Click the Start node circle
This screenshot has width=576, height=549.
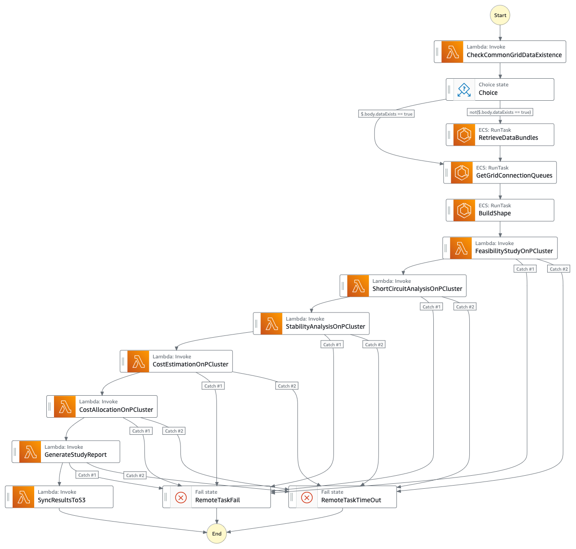pyautogui.click(x=500, y=15)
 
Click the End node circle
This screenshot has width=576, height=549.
pyautogui.click(x=216, y=534)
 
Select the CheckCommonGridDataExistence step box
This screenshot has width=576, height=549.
pyautogui.click(x=500, y=52)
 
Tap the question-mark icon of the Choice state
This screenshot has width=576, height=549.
pyautogui.click(x=464, y=89)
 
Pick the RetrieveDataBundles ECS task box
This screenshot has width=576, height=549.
pyautogui.click(x=500, y=134)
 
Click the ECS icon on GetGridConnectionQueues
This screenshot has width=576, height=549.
pyautogui.click(x=462, y=173)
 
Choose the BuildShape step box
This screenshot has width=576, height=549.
pyautogui.click(x=500, y=210)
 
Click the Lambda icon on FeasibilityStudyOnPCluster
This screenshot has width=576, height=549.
pyautogui.click(x=461, y=248)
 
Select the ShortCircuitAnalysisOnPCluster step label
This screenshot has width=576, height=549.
pyautogui.click(x=417, y=289)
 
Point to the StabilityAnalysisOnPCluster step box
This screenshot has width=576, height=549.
pyautogui.click(x=311, y=324)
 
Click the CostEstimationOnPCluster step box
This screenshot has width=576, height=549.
pyautogui.click(x=176, y=362)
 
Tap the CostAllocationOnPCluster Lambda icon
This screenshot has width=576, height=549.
pyautogui.click(x=65, y=406)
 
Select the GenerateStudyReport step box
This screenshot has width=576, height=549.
pyautogui.click(x=66, y=451)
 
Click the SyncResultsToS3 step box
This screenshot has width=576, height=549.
pyautogui.click(x=59, y=497)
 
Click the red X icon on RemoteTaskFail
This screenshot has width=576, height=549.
pyautogui.click(x=181, y=497)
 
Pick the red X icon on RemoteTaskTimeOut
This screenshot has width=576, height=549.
pyautogui.click(x=307, y=497)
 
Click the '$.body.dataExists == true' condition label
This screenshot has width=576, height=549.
pyautogui.click(x=387, y=114)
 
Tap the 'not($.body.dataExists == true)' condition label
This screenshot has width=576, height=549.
pyautogui.click(x=500, y=112)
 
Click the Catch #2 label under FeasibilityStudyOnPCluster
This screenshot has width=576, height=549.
pyautogui.click(x=559, y=269)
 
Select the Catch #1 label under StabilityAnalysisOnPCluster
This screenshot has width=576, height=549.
pyautogui.click(x=333, y=344)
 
